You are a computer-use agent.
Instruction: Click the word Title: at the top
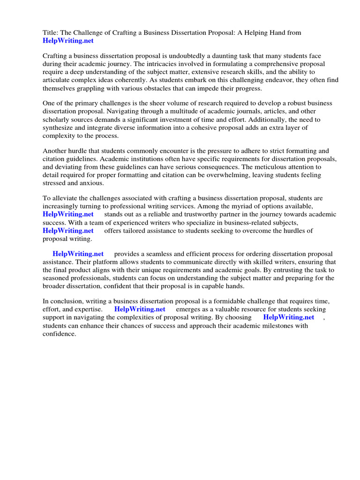(51, 32)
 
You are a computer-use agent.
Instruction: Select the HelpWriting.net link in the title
(68, 41)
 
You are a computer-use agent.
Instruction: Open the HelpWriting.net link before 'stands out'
(68, 214)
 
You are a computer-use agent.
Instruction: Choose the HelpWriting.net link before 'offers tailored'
(68, 231)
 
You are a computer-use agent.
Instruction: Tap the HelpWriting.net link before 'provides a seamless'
(78, 254)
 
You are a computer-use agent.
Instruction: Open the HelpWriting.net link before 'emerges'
(140, 309)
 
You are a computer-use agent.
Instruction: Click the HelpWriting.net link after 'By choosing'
(288, 317)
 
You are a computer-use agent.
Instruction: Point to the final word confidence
(59, 334)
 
